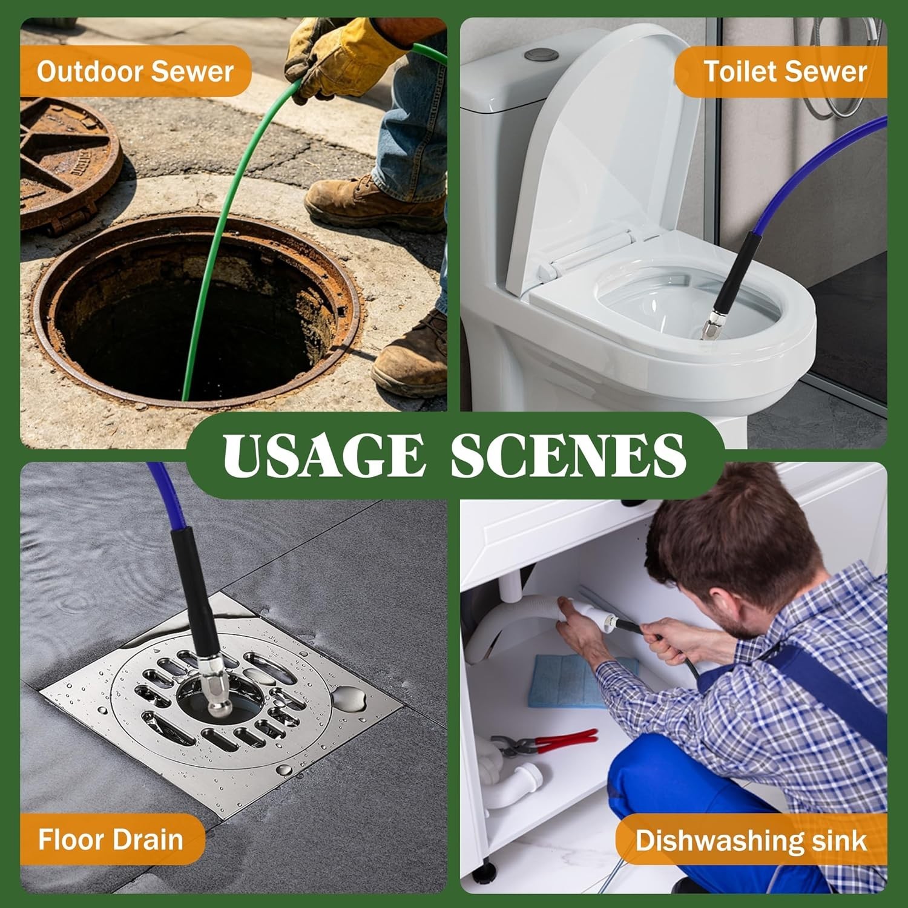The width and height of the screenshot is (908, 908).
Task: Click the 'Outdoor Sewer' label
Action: click(135, 71)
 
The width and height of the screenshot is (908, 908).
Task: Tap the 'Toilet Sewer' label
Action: click(785, 71)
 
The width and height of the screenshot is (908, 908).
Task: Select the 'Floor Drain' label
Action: click(111, 840)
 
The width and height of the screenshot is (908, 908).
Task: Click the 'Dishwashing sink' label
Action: click(751, 841)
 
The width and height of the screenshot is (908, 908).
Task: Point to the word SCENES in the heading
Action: click(568, 455)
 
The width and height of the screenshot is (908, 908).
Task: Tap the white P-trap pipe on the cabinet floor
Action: click(515, 781)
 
